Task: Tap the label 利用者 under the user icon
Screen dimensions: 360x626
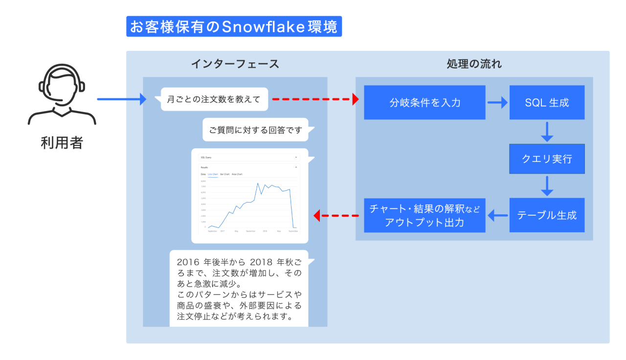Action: point(62,143)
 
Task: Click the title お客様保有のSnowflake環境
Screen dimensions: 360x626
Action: point(234,26)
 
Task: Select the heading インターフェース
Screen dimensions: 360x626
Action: point(235,64)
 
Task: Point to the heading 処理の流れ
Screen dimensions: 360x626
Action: point(474,64)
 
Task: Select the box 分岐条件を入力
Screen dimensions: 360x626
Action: point(425,103)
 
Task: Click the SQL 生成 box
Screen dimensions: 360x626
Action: point(547,103)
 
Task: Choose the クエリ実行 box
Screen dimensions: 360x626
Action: point(547,159)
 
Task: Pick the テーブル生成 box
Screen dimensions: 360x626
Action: point(547,215)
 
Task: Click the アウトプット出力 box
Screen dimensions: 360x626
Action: point(425,215)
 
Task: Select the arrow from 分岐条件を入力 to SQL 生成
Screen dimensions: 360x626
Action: point(497,103)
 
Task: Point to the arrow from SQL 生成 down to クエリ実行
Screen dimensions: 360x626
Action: point(547,131)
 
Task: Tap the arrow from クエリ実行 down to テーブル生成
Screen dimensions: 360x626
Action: point(547,186)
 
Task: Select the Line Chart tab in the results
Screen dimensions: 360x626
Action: point(213,174)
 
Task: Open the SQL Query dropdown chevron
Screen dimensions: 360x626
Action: point(296,157)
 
